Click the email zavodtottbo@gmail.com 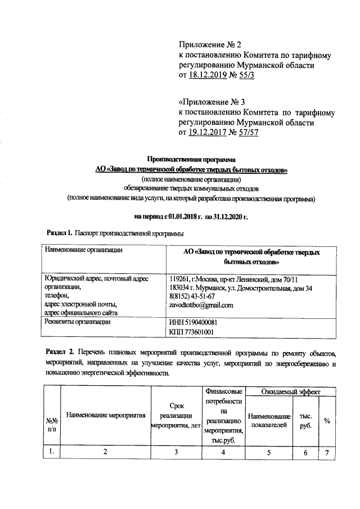coord(201,305)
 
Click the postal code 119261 coord(179,279)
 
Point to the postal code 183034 coord(180,288)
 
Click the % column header coord(327,421)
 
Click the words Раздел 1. coord(58,232)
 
